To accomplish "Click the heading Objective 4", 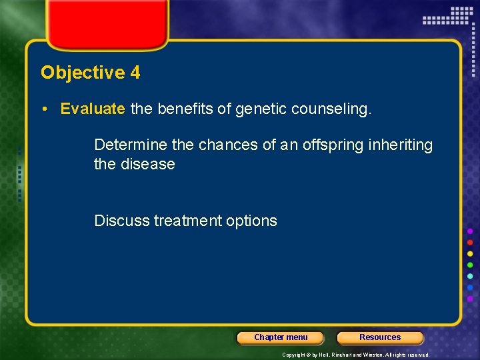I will (91, 73).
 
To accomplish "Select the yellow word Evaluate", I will (93, 109).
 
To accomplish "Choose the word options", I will (253, 221).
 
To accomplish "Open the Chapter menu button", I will (281, 337).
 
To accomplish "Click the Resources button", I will (380, 337).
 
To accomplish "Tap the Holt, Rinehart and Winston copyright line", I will (356, 355).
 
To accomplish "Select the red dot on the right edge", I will (471, 242).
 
